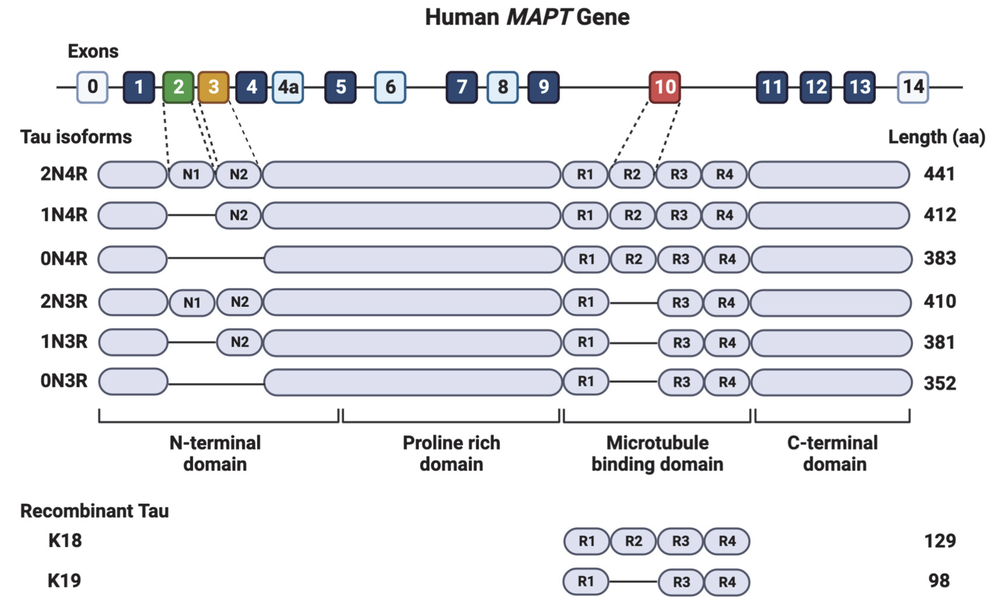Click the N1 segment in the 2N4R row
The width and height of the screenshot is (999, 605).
[x=191, y=175]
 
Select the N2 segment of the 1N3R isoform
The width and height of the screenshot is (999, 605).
[x=239, y=342]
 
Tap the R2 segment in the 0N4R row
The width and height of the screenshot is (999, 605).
[x=633, y=259]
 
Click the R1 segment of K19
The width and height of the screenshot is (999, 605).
[x=586, y=582]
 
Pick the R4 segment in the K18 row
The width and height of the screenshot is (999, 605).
[x=727, y=541]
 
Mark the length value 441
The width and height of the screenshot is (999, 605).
[x=939, y=174]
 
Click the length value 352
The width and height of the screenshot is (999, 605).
[x=939, y=383]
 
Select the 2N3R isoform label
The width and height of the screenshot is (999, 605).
[x=64, y=302]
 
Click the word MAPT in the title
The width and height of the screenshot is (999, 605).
[x=538, y=17]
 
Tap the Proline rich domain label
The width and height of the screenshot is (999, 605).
[x=451, y=453]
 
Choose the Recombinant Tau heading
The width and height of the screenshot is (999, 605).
[x=94, y=511]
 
